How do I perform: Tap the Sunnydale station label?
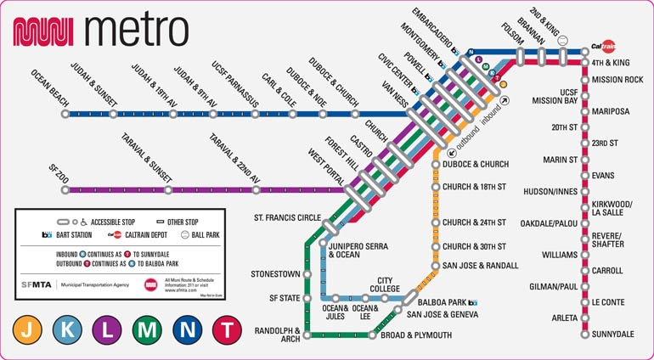613,335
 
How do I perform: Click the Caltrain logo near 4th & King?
604,48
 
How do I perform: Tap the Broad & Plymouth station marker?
372,335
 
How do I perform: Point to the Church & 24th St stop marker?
435,223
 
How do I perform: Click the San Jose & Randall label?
480,266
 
